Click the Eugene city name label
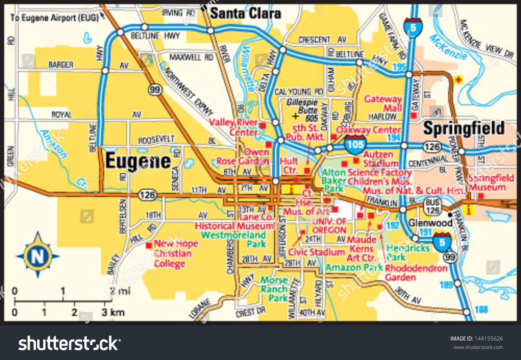138,161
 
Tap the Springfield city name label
464,128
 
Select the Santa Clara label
246,14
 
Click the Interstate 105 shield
355,144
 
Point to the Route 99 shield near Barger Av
155,90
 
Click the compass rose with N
38,256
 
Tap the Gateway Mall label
383,103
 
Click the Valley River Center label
233,127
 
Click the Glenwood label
430,223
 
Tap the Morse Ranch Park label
274,289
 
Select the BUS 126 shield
432,206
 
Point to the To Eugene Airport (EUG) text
55,18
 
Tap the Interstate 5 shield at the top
413,28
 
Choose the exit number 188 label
481,309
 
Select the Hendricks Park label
408,252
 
